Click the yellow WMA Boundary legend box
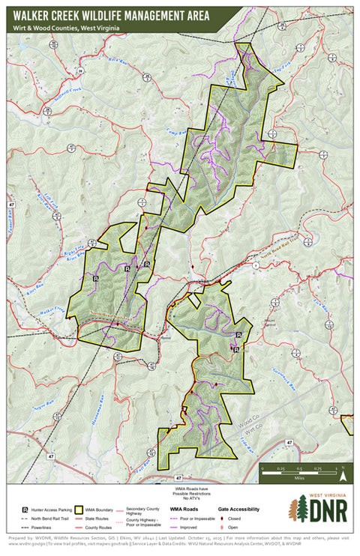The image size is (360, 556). tap(78, 509)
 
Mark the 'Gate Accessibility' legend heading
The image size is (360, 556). tap(238, 509)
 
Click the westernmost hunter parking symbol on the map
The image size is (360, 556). tap(96, 277)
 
